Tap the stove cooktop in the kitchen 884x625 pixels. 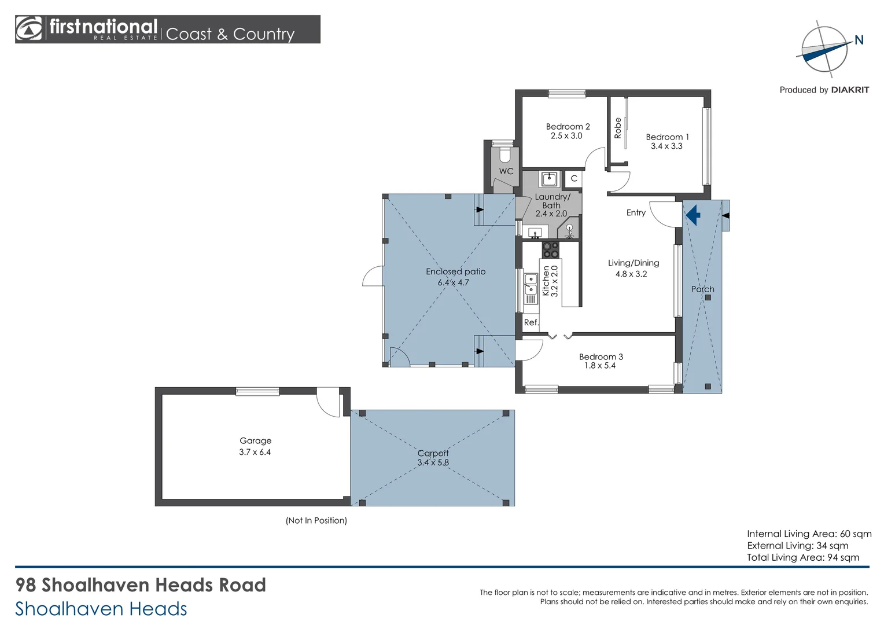point(551,250)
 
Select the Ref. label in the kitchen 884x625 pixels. point(531,322)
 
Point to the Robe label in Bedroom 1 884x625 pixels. point(618,128)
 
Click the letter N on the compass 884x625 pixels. point(859,41)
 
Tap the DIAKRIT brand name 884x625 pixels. point(850,90)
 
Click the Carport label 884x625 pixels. point(433,453)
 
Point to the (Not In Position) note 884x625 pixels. point(316,520)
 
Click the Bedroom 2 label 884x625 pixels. point(568,127)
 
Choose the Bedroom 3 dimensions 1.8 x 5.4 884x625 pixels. point(600,366)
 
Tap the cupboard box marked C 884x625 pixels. point(574,178)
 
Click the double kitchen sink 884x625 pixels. point(531,284)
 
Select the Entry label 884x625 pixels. point(636,213)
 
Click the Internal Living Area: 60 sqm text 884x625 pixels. point(809,534)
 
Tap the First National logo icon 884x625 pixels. point(29,29)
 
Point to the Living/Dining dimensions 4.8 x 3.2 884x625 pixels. point(631,274)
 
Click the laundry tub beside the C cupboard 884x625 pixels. point(549,179)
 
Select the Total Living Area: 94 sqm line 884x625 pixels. point(802,557)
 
